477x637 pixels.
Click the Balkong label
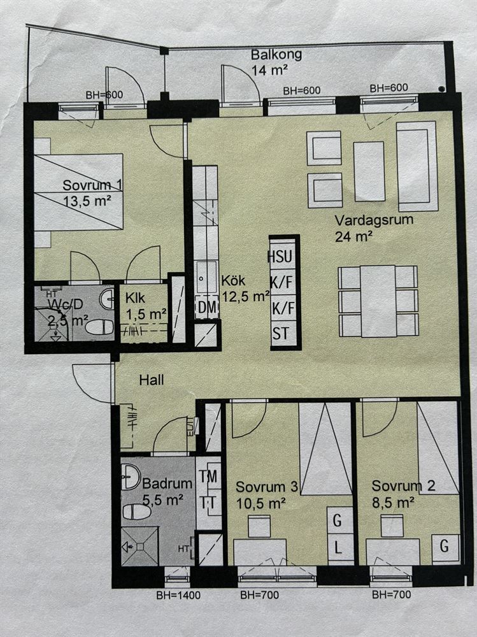pyautogui.click(x=276, y=54)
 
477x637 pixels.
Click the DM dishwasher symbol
pyautogui.click(x=207, y=308)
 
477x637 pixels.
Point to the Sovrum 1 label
pyautogui.click(x=92, y=185)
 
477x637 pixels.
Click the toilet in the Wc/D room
pyautogui.click(x=100, y=327)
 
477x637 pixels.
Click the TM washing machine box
pyautogui.click(x=208, y=476)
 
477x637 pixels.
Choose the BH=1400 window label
pyautogui.click(x=178, y=595)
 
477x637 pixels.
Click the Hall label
pyautogui.click(x=152, y=380)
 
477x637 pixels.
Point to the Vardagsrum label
pyautogui.click(x=374, y=220)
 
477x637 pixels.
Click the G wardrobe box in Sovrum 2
pyautogui.click(x=445, y=547)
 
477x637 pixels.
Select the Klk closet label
pyautogui.click(x=135, y=298)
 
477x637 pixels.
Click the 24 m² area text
pyautogui.click(x=354, y=236)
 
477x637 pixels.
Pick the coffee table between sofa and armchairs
pyautogui.click(x=369, y=171)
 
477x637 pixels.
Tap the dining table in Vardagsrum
pyautogui.click(x=378, y=301)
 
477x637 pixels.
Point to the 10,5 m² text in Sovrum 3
pyautogui.click(x=261, y=504)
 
